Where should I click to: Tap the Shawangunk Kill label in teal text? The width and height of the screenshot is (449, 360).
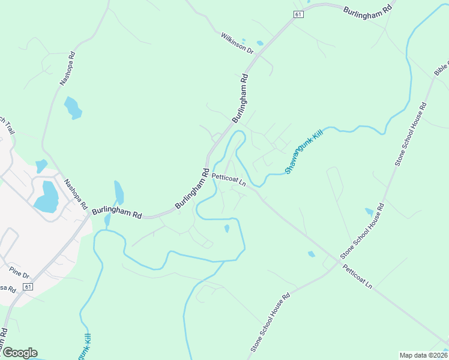tap(304, 151)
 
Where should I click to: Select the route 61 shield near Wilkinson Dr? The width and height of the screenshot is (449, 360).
tap(298, 14)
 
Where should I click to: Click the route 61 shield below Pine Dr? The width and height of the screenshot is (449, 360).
tap(28, 287)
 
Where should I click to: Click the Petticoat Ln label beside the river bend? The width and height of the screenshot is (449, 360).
tap(229, 180)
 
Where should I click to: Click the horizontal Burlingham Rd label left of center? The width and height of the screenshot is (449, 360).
tap(116, 213)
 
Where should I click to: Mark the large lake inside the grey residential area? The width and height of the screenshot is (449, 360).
tap(46, 196)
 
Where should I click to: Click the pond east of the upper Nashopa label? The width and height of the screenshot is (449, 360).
tap(72, 107)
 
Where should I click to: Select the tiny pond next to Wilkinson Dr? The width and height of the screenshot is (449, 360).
tap(260, 43)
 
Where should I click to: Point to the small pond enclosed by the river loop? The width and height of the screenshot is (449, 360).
tap(226, 229)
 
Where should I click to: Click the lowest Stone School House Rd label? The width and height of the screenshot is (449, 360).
tap(271, 322)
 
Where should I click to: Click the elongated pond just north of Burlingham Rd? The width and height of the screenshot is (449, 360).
tap(119, 193)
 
